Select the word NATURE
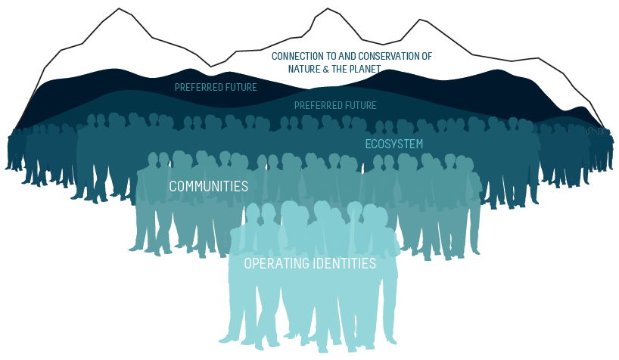(306, 69)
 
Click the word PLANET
(365, 69)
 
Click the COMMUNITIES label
(208, 186)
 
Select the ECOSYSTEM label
(393, 144)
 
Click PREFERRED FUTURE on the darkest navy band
(216, 87)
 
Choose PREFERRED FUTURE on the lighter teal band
(334, 105)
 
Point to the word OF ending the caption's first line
(427, 56)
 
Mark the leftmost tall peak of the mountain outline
(119, 9)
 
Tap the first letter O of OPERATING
(249, 264)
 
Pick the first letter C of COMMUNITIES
(173, 186)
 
